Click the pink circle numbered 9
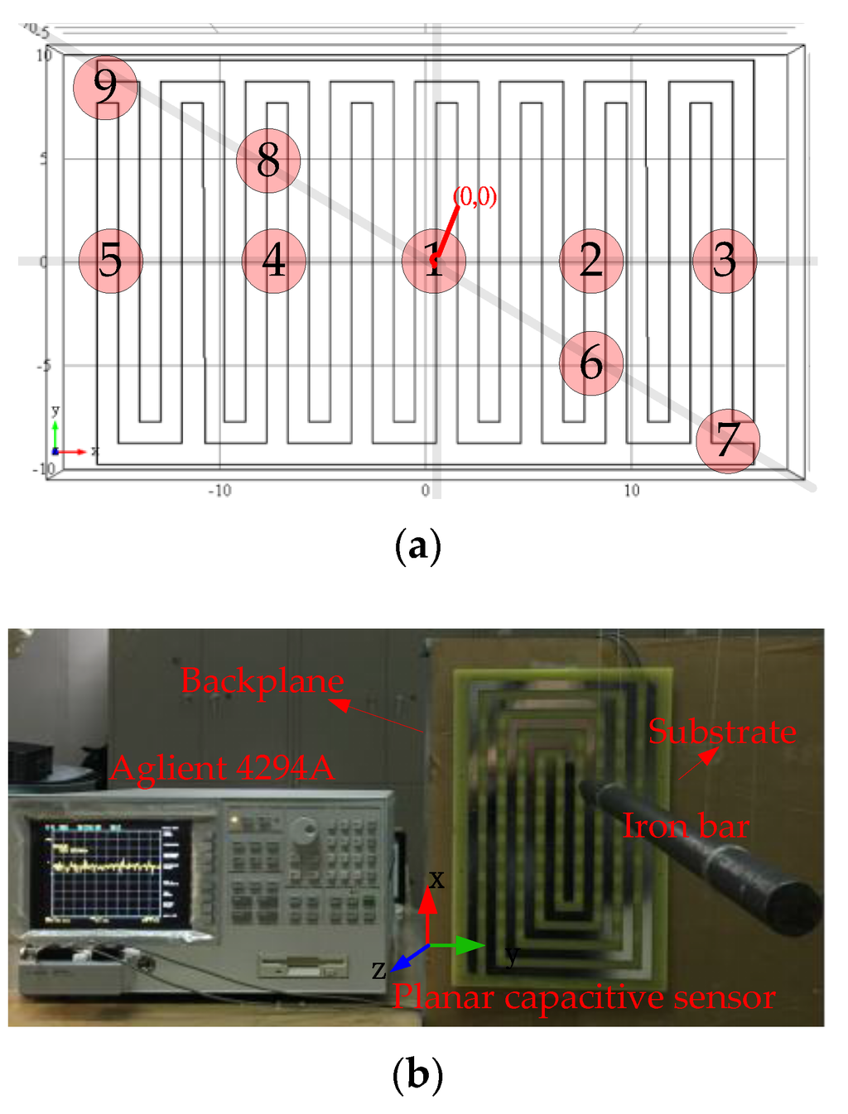click(x=105, y=87)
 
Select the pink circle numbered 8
click(x=267, y=161)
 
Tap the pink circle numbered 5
click(x=111, y=261)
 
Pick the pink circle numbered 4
click(x=274, y=261)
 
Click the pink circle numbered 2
click(x=591, y=261)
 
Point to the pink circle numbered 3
click(x=725, y=261)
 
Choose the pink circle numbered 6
click(x=591, y=363)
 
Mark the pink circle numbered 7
click(x=728, y=440)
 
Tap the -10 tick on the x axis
click(x=219, y=491)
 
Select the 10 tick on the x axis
click(x=632, y=491)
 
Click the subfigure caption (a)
click(x=418, y=547)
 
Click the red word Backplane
click(x=262, y=681)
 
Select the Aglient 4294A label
click(x=222, y=768)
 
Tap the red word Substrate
click(x=722, y=732)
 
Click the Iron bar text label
click(x=686, y=826)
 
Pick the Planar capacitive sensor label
click(x=584, y=997)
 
